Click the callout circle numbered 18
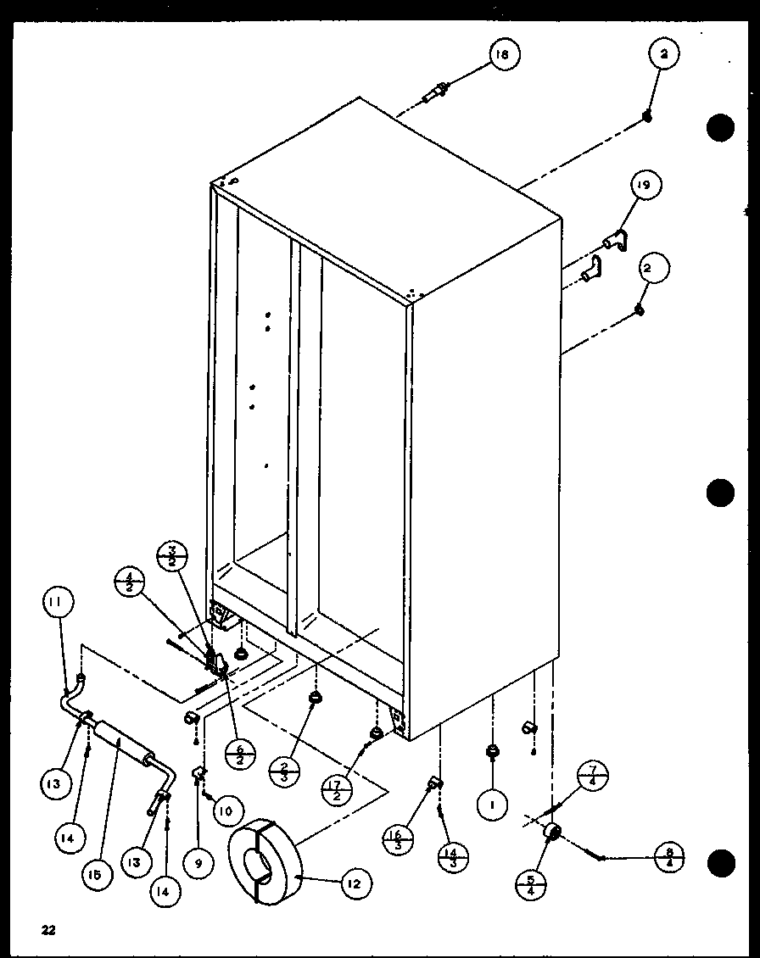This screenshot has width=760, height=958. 503,56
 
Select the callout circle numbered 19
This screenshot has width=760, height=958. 645,186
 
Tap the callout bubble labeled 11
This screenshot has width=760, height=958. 57,605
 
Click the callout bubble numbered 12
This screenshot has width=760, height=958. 354,884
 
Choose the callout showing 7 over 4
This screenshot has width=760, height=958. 592,777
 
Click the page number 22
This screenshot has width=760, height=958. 47,930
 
